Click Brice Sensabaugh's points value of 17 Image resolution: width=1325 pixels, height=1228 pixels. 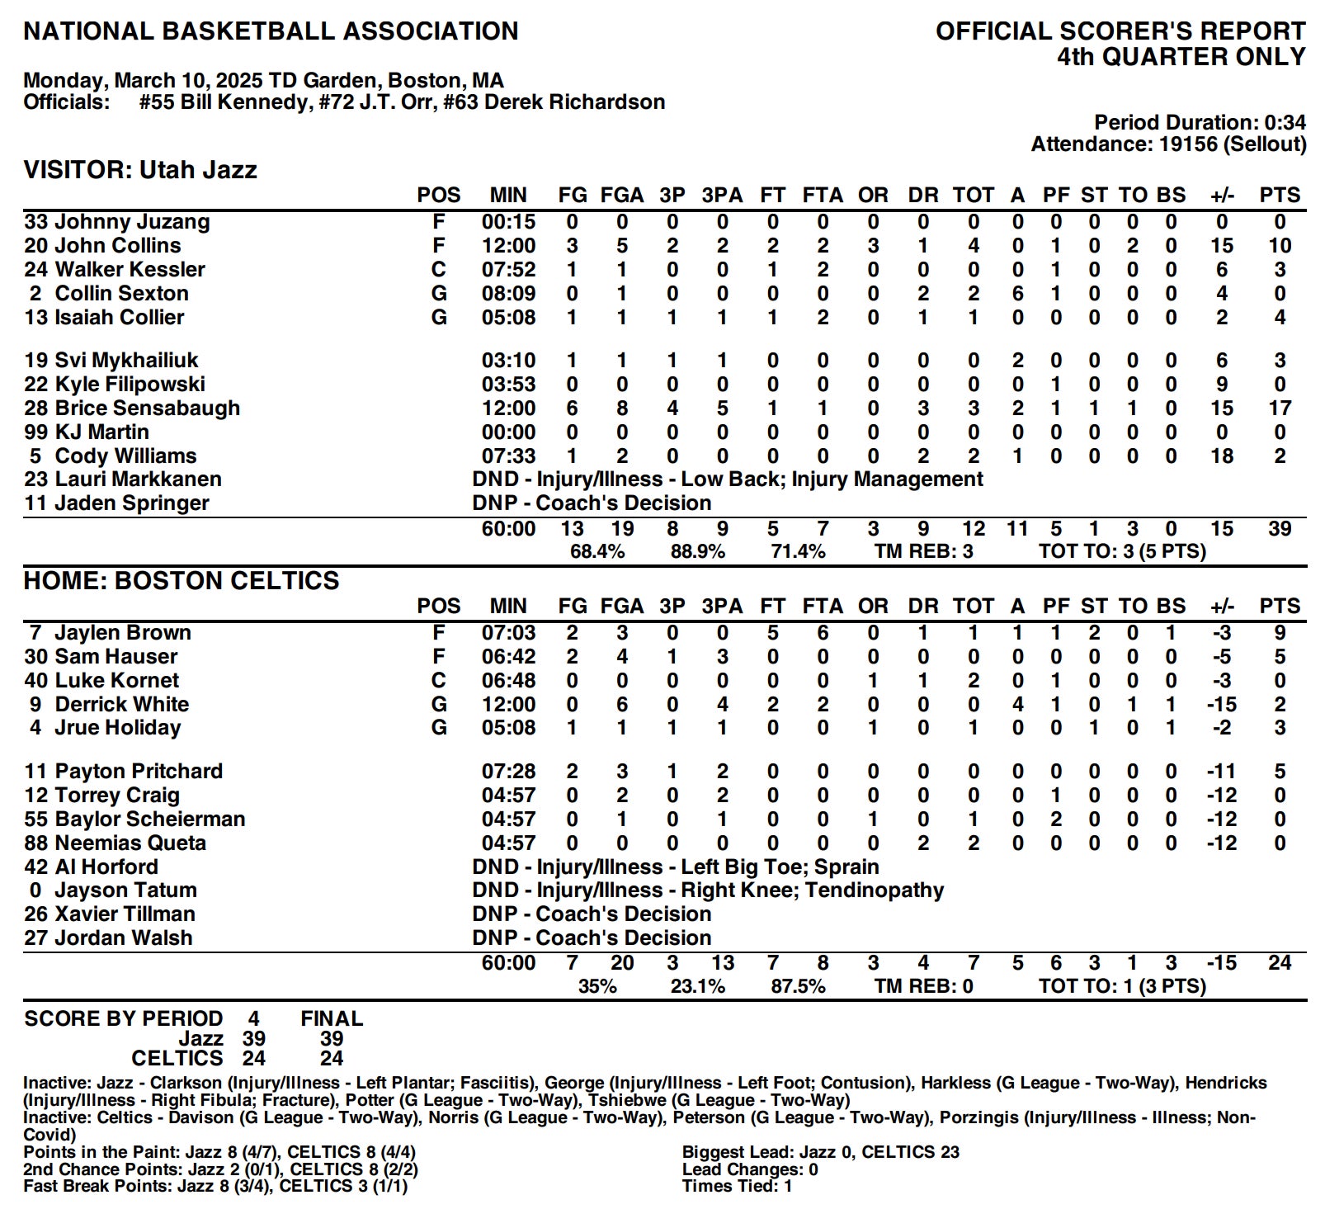1280,409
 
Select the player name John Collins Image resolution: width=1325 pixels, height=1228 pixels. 117,246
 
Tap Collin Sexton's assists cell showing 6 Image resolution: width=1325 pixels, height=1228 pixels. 1017,294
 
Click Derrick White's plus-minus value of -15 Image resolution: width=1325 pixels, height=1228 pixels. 1221,705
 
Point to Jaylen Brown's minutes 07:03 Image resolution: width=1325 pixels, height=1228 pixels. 508,633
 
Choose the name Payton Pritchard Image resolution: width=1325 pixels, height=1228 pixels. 139,772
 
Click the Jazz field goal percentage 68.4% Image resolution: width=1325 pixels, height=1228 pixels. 597,552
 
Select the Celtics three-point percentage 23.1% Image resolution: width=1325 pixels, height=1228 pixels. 697,987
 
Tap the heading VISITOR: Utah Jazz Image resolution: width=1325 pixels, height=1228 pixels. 140,171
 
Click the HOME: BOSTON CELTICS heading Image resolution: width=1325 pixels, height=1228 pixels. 182,581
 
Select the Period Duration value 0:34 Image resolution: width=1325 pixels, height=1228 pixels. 1285,123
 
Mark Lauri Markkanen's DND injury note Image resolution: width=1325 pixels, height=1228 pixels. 727,479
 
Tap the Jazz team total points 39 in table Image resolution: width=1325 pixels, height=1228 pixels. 1280,529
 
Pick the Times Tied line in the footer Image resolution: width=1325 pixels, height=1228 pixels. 737,1187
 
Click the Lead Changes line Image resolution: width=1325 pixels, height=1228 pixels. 749,1169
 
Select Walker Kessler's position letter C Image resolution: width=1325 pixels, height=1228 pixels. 439,270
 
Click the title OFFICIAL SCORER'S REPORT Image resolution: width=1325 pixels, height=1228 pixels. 1120,31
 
